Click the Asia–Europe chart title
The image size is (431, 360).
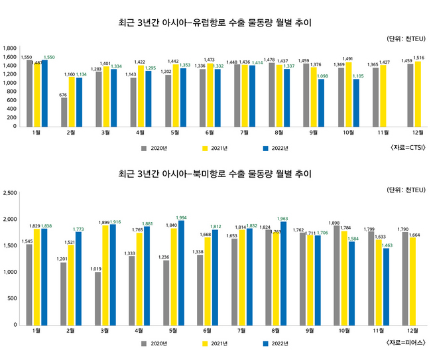point(215,23)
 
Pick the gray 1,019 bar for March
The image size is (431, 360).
point(98,298)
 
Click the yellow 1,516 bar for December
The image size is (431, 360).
point(417,93)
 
